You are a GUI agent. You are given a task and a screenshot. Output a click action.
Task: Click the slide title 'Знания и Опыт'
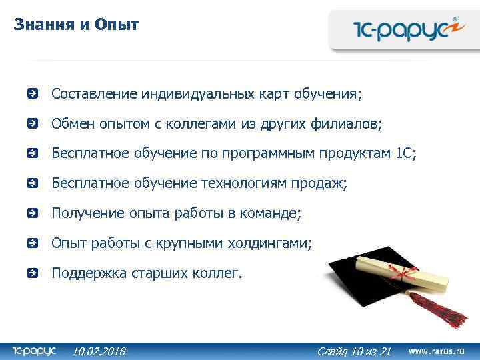tap(76, 25)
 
